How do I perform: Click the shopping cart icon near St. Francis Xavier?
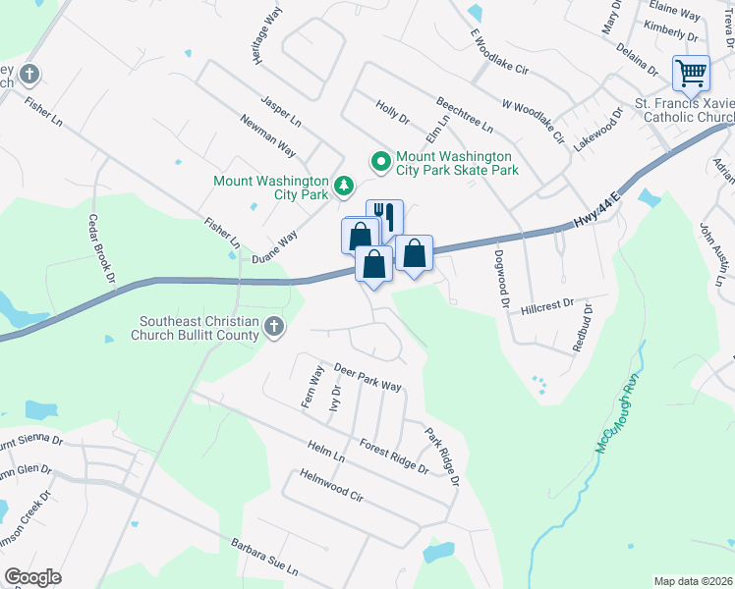point(692,74)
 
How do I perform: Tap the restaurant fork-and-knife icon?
point(385,217)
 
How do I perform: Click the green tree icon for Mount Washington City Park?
point(343,185)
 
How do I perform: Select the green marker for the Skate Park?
point(378,159)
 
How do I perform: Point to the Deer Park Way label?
point(368,377)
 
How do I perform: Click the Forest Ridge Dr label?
point(394,455)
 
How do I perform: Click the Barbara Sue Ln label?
point(263,558)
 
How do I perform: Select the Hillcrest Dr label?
point(552,305)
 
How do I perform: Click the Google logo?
point(32,577)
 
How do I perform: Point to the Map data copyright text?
point(693,581)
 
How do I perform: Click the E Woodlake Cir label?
point(499,52)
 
